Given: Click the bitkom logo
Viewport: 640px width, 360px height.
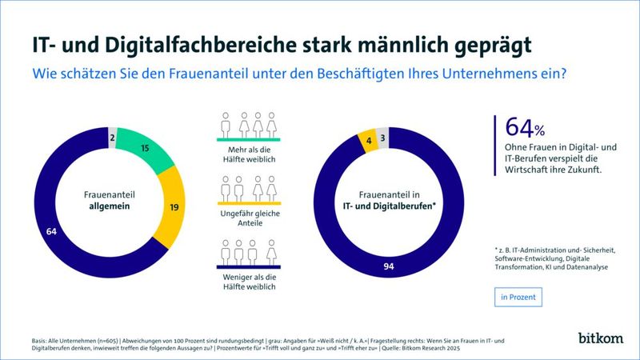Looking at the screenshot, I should pyautogui.click(x=600, y=338).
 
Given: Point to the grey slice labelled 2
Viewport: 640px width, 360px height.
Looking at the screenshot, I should pyautogui.click(x=113, y=138).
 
